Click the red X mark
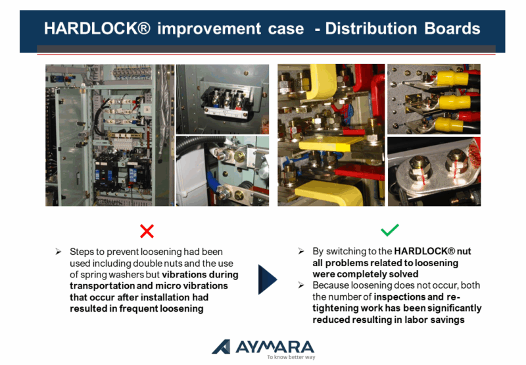pos(147,231)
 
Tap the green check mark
pos(390,230)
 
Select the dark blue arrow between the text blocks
pos(268,279)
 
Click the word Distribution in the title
pos(371,28)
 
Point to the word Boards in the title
pos(452,28)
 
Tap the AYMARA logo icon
pos(221,347)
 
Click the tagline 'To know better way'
pos(291,357)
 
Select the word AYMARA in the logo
pos(275,347)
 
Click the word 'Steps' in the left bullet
pos(81,252)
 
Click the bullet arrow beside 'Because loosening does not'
pos(301,285)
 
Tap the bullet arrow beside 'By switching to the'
pos(301,251)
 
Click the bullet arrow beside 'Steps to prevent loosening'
pos(58,252)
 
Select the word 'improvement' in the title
pos(209,28)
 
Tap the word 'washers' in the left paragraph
pos(128,275)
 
